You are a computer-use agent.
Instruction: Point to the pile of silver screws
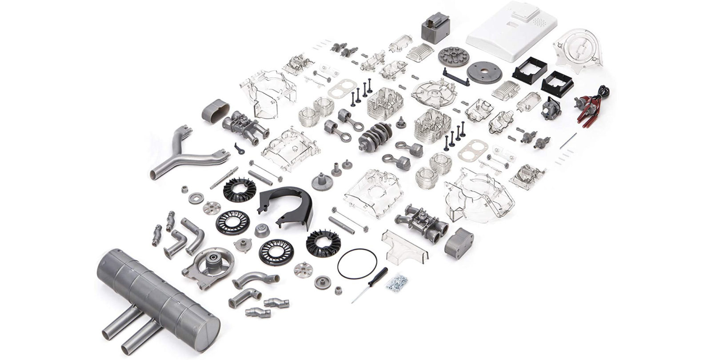click(399, 282)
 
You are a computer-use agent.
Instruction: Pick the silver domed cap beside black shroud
click(262, 230)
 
